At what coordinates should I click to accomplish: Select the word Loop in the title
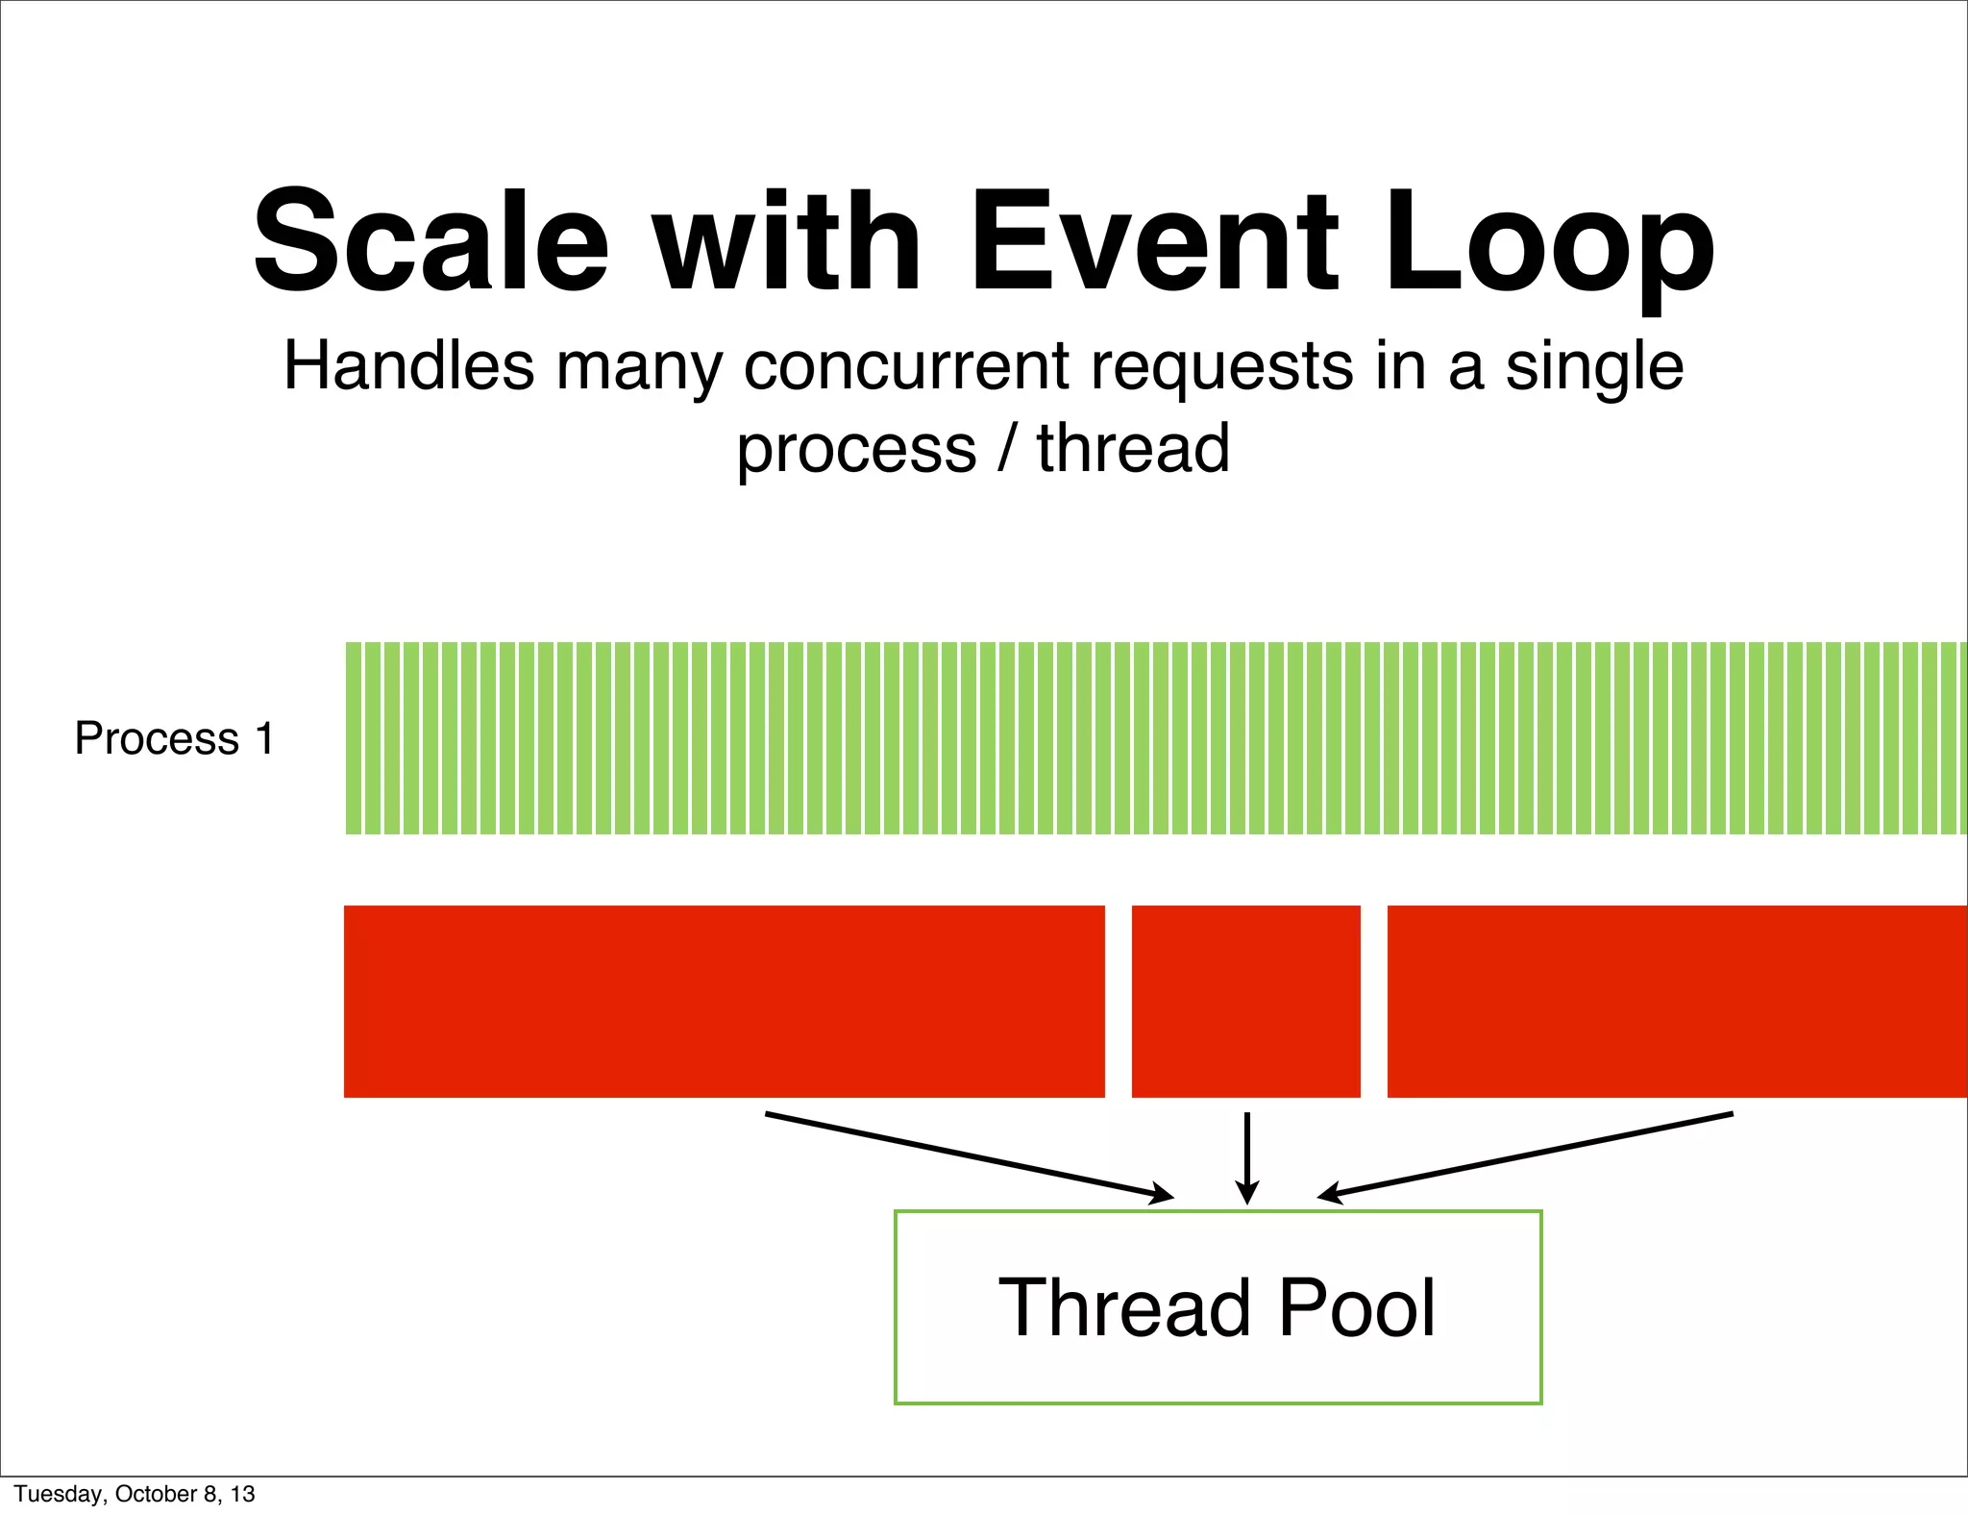1549,245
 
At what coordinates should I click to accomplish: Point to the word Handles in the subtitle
408,366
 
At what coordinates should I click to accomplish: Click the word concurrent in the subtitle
906,368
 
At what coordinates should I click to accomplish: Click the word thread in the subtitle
1133,449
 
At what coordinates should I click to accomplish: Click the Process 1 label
174,738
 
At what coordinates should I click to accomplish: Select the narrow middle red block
1245,1001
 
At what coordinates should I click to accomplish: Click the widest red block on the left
724,1001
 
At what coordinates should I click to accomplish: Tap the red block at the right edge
1677,1001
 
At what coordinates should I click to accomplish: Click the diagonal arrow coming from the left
969,1155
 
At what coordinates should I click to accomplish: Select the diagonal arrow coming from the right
1525,1155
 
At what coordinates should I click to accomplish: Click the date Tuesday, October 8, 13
135,1494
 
